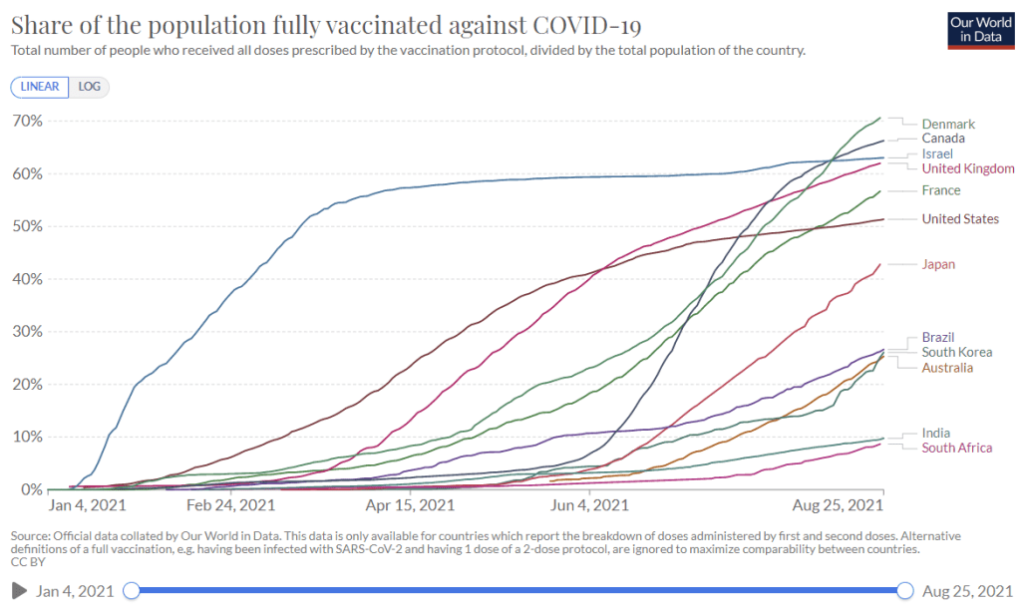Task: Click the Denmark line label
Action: tap(947, 125)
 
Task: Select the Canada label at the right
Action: tap(942, 139)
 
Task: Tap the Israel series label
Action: tap(937, 154)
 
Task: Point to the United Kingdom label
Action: tap(968, 169)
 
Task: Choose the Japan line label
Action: tap(938, 264)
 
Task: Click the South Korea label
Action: tap(956, 352)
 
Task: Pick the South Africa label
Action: tap(956, 448)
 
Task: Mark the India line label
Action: tap(935, 433)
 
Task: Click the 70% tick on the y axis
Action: tap(27, 121)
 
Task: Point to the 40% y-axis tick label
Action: tap(27, 279)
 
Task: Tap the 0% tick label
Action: tap(31, 489)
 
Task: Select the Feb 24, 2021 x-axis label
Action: tap(230, 505)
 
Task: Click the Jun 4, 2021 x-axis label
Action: tap(589, 505)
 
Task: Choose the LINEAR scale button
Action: tap(40, 87)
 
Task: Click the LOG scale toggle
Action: tap(90, 87)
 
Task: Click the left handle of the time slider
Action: tap(131, 591)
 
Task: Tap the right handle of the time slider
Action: tap(905, 591)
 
